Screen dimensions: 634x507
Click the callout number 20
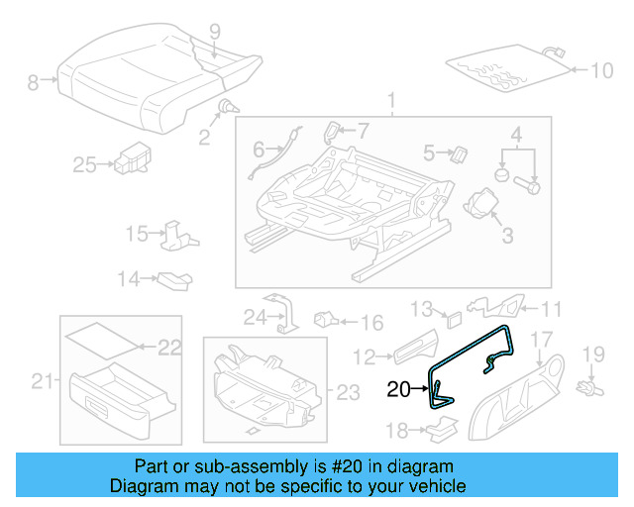pos(398,389)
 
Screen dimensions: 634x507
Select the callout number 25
pos(84,165)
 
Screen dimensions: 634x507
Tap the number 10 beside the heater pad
pos(603,70)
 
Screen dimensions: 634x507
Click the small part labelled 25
pos(130,156)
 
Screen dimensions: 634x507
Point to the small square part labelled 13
pos(452,319)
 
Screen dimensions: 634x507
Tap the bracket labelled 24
pos(280,309)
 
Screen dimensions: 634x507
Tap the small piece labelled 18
pos(440,428)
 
